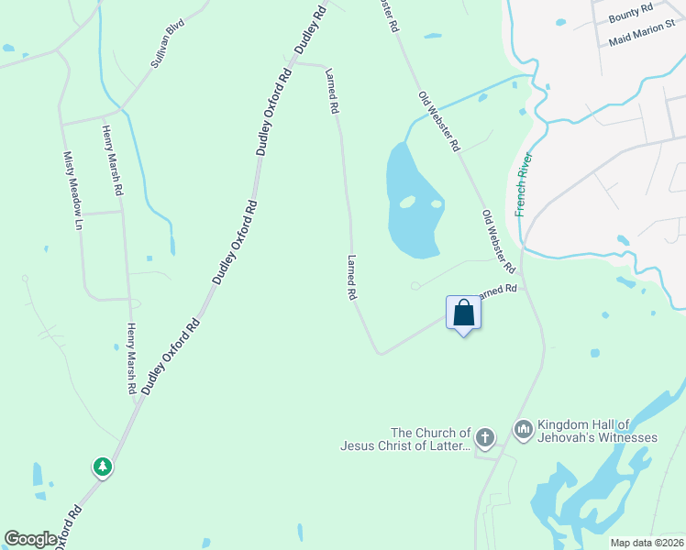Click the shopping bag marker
[463, 313]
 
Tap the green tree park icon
[103, 467]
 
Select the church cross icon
[485, 436]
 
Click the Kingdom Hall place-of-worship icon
[524, 428]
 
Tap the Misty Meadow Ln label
[72, 190]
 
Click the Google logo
[30, 538]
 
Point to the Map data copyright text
[647, 543]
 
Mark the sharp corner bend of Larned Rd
[378, 353]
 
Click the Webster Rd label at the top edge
[388, 14]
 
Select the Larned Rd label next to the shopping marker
[499, 290]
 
